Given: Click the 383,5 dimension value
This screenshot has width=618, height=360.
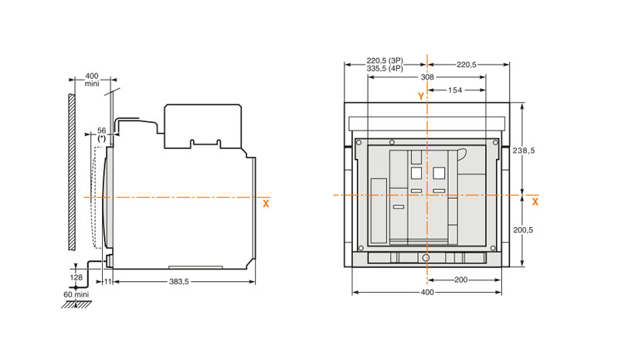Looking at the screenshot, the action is (179, 281).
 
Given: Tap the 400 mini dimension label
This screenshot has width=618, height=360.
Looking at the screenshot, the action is (92, 80).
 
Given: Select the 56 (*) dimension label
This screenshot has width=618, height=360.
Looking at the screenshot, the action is (102, 134).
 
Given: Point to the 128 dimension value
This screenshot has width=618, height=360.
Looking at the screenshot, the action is (76, 277).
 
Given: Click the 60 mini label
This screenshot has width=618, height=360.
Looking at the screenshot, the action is (76, 294).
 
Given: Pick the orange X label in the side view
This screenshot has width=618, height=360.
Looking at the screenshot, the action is (266, 204).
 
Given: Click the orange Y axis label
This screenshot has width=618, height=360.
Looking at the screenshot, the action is (421, 97).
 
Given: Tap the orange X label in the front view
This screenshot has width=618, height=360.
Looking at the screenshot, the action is (535, 202).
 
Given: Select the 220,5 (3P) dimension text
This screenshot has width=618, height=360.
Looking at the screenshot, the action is (385, 61).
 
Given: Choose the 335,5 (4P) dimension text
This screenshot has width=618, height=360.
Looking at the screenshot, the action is (385, 68).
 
